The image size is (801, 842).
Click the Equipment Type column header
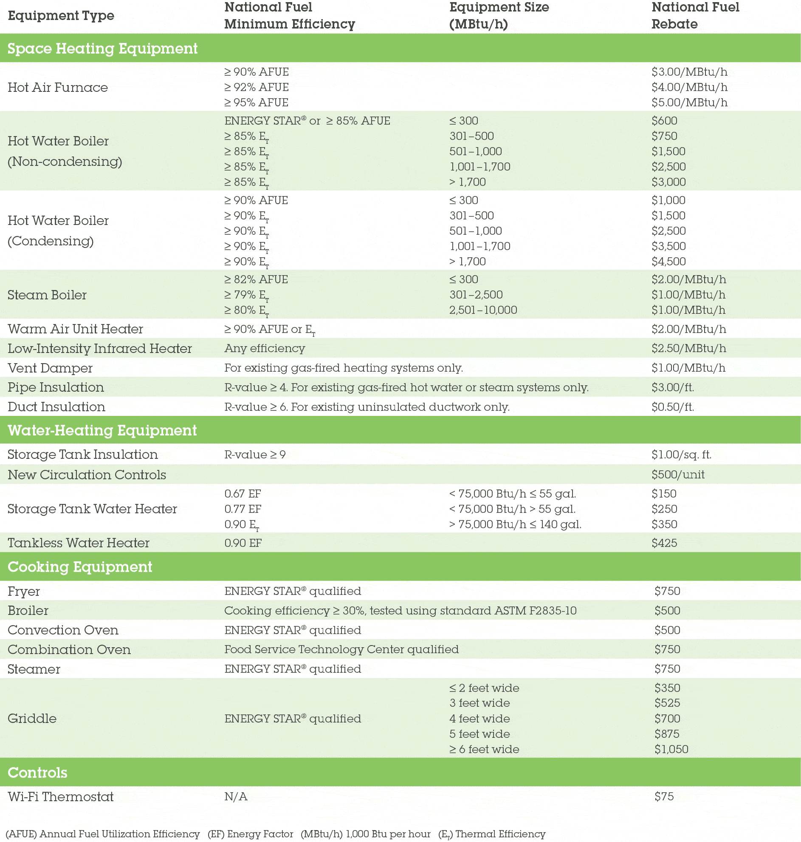pos(61,16)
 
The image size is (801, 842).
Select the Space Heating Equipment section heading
pos(102,48)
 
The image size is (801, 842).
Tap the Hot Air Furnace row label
pos(58,87)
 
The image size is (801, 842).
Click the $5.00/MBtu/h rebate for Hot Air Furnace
pos(689,102)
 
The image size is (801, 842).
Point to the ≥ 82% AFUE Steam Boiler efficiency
pos(256,279)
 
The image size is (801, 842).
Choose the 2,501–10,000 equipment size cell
pos(483,310)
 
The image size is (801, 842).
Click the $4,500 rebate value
pos(668,262)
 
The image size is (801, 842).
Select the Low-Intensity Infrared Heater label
pos(99,348)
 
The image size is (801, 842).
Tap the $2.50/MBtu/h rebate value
pos(688,348)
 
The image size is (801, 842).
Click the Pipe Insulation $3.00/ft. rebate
pos(672,387)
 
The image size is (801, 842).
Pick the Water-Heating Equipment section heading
pos(102,430)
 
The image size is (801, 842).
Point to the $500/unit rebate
pos(677,475)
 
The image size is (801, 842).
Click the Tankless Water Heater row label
pos(79,543)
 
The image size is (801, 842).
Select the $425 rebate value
pos(664,543)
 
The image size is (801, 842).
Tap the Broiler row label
pos(28,610)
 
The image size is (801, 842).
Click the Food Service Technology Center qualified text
pos(341,649)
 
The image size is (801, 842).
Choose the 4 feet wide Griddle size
pos(479,719)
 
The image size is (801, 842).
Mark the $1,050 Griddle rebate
pos(671,749)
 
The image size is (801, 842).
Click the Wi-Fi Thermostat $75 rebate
pos(664,796)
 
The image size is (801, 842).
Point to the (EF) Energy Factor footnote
pos(250,834)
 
